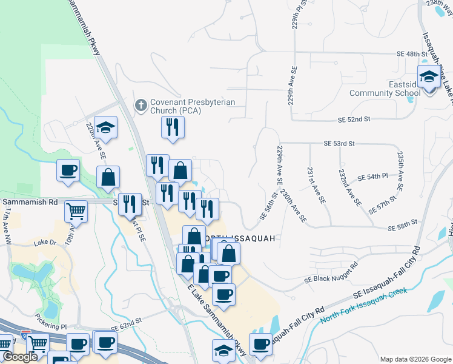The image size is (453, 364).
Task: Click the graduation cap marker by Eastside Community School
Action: pyautogui.click(x=429, y=78)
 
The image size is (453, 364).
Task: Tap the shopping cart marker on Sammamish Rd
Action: pyautogui.click(x=76, y=212)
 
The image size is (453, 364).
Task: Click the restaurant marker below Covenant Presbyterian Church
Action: pyautogui.click(x=173, y=127)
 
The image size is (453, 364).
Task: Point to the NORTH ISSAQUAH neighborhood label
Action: pyautogui.click(x=240, y=238)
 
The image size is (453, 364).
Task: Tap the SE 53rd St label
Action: pyautogui.click(x=339, y=144)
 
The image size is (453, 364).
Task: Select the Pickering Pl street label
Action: pyautogui.click(x=50, y=326)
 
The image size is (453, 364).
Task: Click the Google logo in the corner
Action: pyautogui.click(x=20, y=357)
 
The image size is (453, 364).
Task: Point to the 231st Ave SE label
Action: pyautogui.click(x=316, y=185)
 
